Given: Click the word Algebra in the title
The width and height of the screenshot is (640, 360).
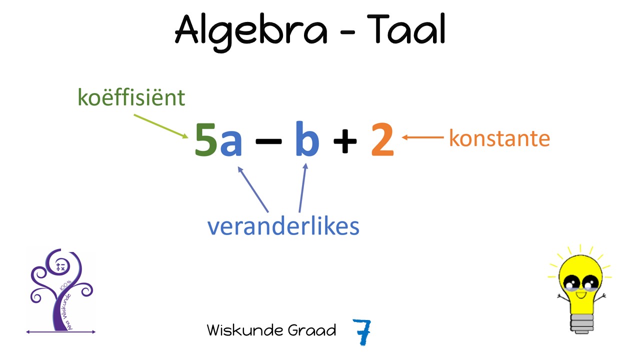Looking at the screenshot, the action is [x=251, y=32].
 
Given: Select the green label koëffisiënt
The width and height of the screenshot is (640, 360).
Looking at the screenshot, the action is [x=131, y=97].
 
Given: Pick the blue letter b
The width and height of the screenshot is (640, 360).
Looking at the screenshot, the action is [x=307, y=139].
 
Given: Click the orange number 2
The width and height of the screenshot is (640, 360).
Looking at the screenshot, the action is [x=382, y=139].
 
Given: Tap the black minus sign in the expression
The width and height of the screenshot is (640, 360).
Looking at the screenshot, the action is [x=268, y=141].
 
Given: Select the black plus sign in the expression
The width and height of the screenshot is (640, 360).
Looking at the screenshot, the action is [x=345, y=141].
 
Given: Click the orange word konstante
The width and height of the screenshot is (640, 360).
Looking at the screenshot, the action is [x=499, y=138].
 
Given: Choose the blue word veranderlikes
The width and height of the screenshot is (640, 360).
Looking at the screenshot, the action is [x=283, y=226].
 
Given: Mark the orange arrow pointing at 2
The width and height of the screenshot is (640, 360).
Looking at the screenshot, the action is [x=423, y=137].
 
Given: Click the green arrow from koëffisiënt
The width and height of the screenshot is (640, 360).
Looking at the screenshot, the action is [x=161, y=126].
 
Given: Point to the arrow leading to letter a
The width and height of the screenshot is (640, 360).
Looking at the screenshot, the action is [x=253, y=189].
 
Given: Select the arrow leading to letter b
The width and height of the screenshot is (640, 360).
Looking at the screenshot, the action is [x=303, y=187].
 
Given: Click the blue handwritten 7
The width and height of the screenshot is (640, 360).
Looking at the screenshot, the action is [x=362, y=331].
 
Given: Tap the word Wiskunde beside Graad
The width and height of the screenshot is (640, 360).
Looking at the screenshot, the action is [x=245, y=330].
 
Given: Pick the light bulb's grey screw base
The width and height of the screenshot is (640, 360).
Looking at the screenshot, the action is [x=582, y=323].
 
